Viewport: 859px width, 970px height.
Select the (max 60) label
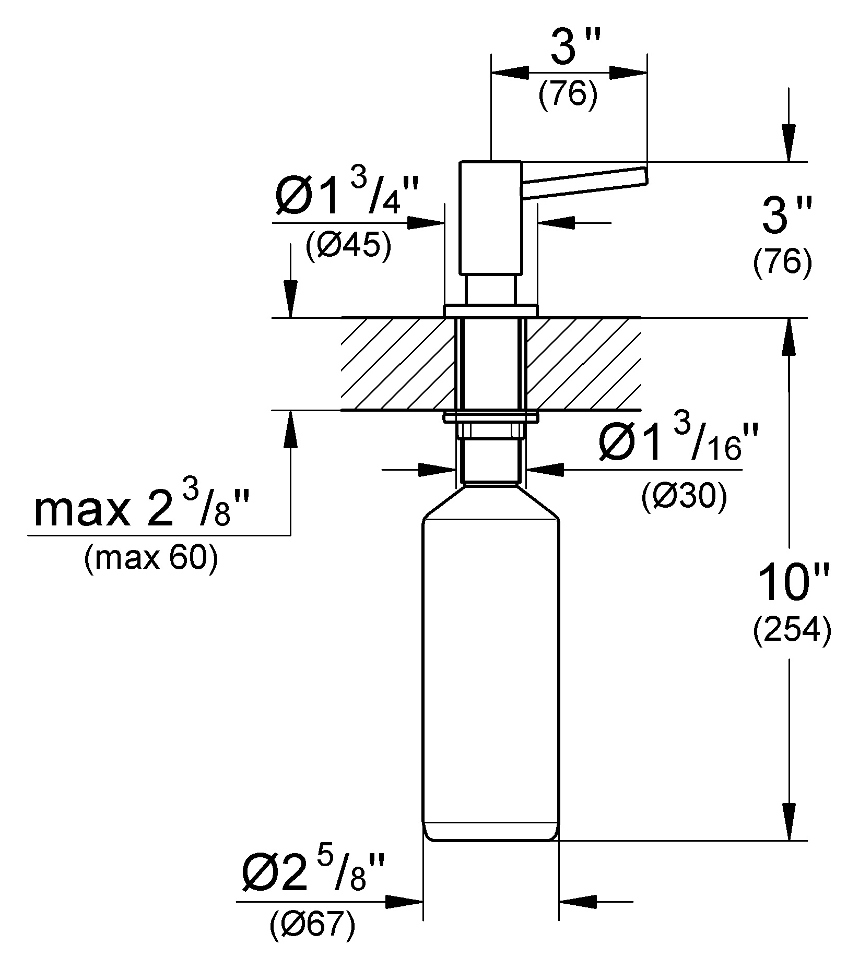point(151,559)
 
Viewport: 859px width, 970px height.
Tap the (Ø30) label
point(684,497)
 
